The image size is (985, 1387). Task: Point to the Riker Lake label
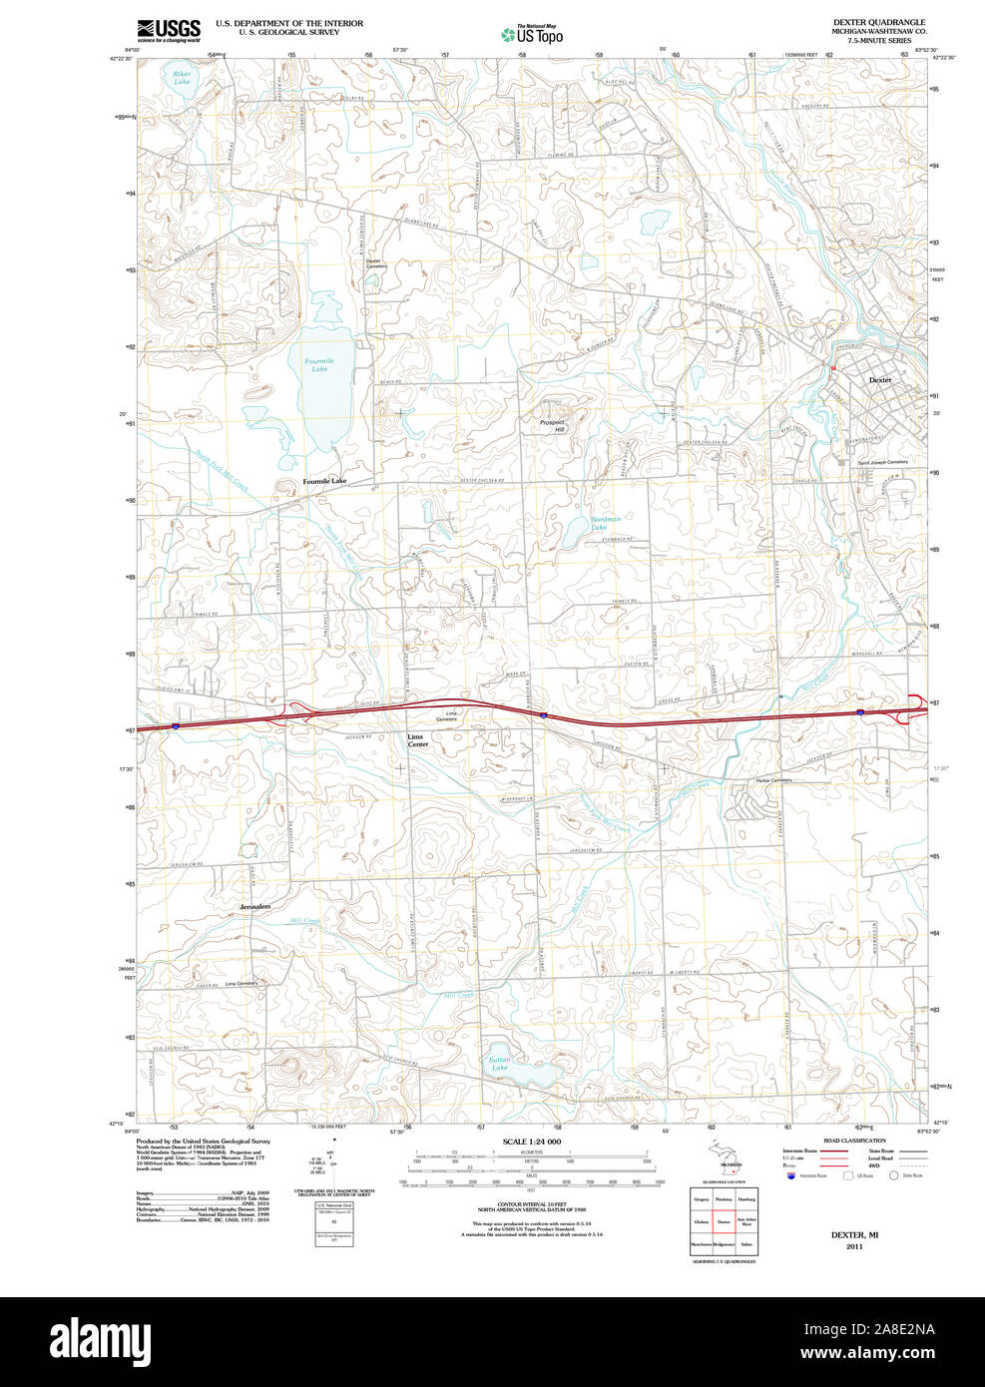pyautogui.click(x=182, y=77)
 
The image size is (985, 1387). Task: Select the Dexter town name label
pyautogui.click(x=879, y=380)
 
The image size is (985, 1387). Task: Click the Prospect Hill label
pyautogui.click(x=552, y=425)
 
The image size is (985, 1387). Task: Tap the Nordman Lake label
pyautogui.click(x=606, y=523)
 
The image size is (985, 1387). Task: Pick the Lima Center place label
pyautogui.click(x=418, y=740)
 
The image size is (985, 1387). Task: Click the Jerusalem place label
pyautogui.click(x=254, y=906)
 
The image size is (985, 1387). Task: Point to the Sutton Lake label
pyautogui.click(x=500, y=1064)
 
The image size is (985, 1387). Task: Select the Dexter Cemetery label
pyautogui.click(x=375, y=263)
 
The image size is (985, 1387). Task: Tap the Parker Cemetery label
pyautogui.click(x=773, y=780)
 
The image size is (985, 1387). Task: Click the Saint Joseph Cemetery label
pyautogui.click(x=883, y=462)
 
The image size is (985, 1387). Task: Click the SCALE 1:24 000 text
pyautogui.click(x=531, y=1142)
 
